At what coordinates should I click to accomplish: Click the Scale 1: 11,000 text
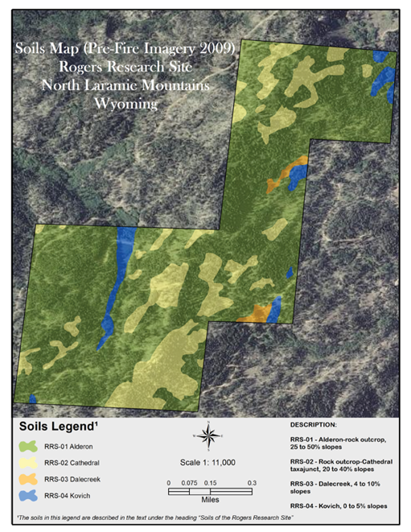(208, 463)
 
